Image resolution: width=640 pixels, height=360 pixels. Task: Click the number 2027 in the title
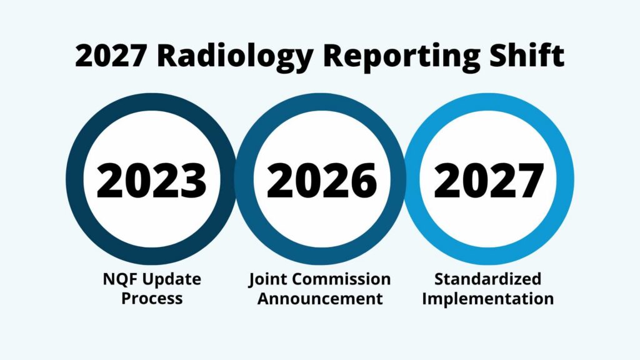[x=110, y=56]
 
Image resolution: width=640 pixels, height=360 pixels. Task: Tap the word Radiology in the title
[x=229, y=56]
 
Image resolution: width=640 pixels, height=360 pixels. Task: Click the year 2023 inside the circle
[x=151, y=179]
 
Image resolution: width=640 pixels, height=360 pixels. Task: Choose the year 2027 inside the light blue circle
[x=488, y=179]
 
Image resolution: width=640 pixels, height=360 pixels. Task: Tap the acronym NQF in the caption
[x=117, y=279]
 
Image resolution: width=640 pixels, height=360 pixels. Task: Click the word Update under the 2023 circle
[x=169, y=279]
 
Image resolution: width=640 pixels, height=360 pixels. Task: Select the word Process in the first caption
[x=152, y=298]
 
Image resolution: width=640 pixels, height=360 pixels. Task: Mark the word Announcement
[x=320, y=298]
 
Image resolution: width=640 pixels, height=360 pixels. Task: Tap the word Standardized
[x=487, y=279]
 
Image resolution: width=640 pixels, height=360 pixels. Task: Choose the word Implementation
[x=487, y=298]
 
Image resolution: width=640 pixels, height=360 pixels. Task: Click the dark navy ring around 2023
[x=76, y=179]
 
